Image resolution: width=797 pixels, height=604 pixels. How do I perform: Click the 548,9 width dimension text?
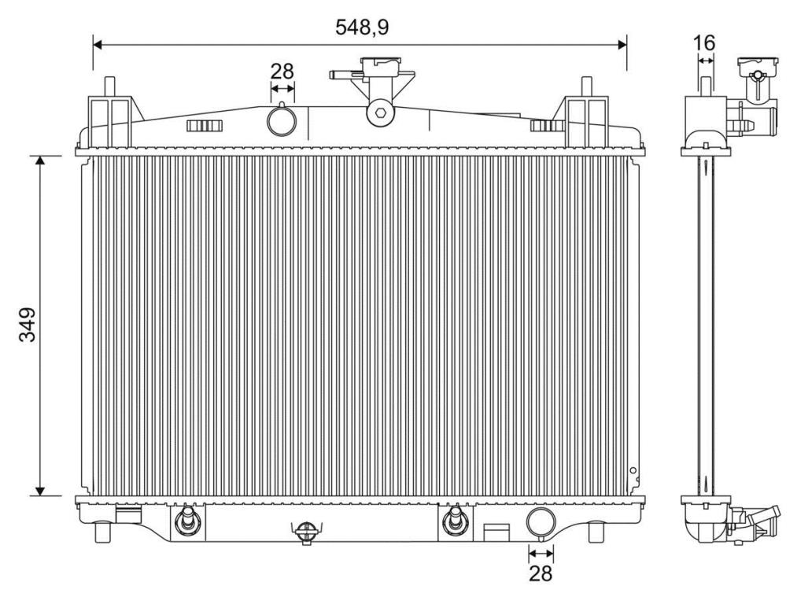tap(362, 27)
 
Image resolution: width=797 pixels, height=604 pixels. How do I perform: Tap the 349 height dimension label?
tap(28, 325)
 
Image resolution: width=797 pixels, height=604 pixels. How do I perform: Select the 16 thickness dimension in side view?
tap(705, 43)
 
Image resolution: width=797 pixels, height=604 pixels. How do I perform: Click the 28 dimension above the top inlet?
tap(282, 71)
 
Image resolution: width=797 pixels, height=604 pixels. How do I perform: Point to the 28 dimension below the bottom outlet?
tap(541, 573)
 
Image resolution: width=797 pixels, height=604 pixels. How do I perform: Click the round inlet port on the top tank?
tap(282, 120)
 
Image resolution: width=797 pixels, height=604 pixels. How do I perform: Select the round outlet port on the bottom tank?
tap(540, 521)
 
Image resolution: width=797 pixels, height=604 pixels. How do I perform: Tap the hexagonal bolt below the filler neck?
tap(381, 113)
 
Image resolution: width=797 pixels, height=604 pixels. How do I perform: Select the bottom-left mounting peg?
tap(101, 532)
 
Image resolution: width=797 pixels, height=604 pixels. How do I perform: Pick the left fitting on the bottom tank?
tap(187, 521)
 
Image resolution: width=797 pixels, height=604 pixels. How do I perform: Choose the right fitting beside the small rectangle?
tap(452, 521)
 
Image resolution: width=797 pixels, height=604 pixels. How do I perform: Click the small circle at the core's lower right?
tap(632, 471)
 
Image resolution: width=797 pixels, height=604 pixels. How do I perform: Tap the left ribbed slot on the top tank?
tap(204, 126)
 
